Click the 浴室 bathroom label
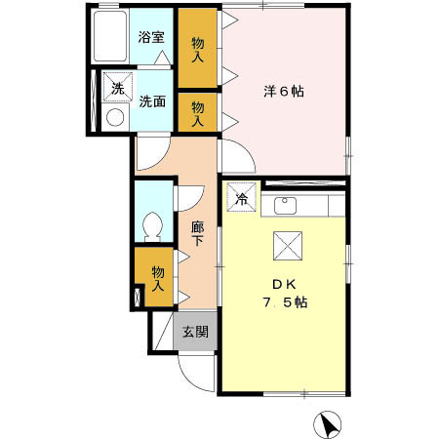click(x=150, y=38)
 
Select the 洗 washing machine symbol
click(x=117, y=87)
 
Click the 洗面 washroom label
click(x=151, y=100)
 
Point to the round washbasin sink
click(x=115, y=116)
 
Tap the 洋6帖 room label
click(x=283, y=92)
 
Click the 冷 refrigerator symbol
click(x=240, y=196)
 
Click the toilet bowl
click(x=151, y=225)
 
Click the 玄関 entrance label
click(x=194, y=331)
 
